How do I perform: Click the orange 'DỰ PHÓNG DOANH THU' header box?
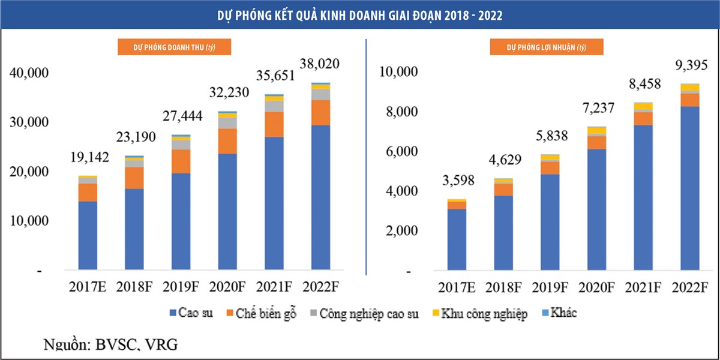[x=175, y=47]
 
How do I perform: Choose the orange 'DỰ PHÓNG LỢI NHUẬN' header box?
[x=546, y=47]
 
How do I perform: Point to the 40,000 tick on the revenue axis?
[x=29, y=73]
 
